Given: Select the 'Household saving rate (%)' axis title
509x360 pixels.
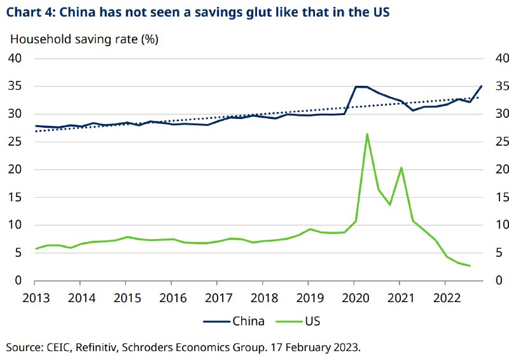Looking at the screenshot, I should [83, 39].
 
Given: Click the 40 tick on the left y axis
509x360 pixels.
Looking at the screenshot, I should [15, 59].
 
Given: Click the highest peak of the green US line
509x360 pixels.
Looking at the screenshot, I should [367, 134].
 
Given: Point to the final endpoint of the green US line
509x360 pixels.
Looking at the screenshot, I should [470, 266].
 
